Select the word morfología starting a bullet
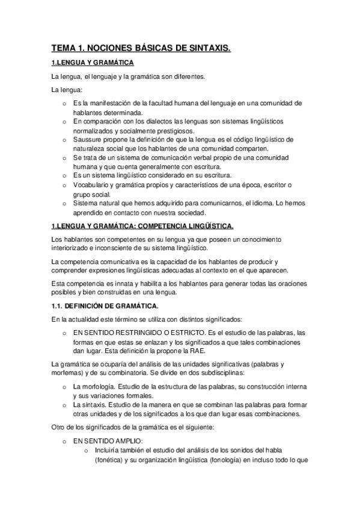(96, 387)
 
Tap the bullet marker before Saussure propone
(65, 140)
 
